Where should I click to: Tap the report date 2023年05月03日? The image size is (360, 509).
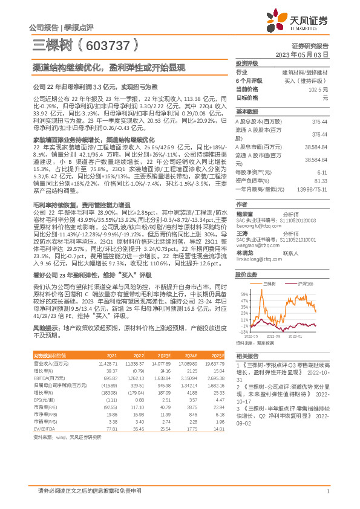[x=302, y=54]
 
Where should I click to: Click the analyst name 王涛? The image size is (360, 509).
[x=242, y=232]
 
